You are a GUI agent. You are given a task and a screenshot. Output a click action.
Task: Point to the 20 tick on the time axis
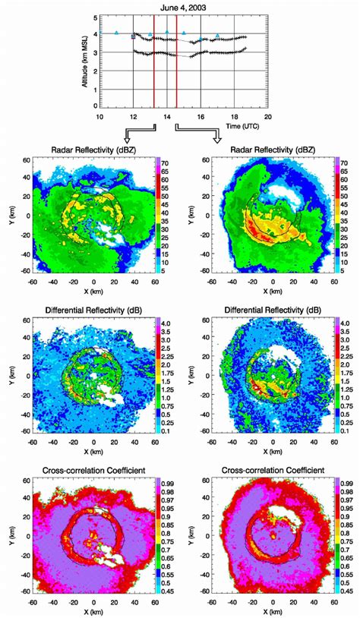point(267,116)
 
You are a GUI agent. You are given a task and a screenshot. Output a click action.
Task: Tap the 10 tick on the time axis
point(99,116)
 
